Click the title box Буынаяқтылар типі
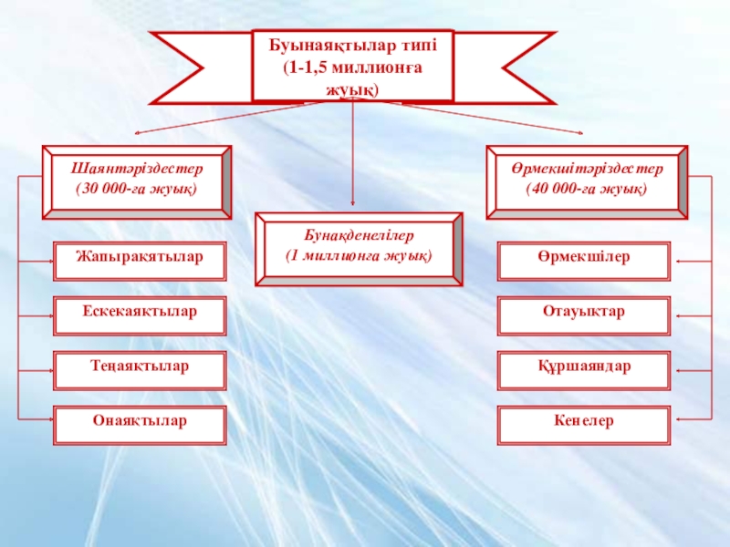coord(352,65)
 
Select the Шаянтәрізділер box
coord(137,181)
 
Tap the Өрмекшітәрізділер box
coord(587,181)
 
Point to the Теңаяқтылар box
coord(140,368)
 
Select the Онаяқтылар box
coord(140,423)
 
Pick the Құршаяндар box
coord(584,368)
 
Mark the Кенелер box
coord(584,423)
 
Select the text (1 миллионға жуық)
coord(358,254)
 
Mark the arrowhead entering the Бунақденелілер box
coord(354,208)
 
